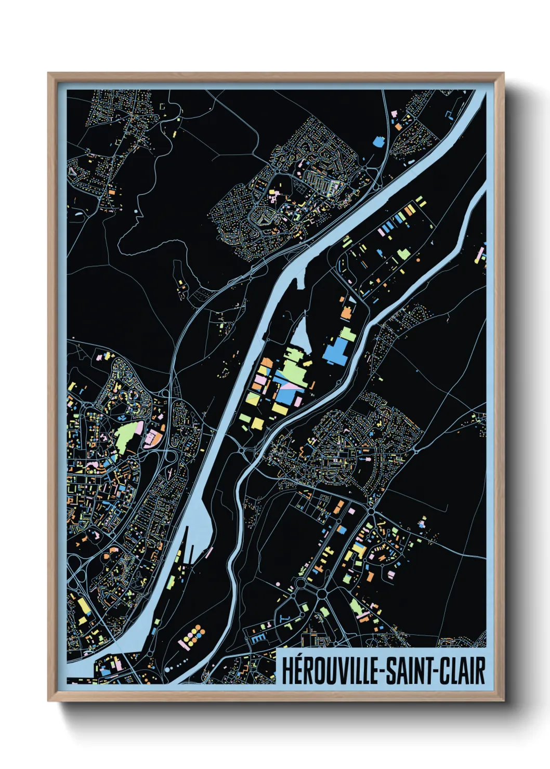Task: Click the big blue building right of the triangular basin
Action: pos(335,352)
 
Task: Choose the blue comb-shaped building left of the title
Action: pos(258,637)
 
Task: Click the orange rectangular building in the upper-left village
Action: pos(112,193)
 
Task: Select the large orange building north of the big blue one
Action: pos(347,313)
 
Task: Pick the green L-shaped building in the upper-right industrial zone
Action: pos(403,255)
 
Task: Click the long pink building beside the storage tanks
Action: pos(184,644)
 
